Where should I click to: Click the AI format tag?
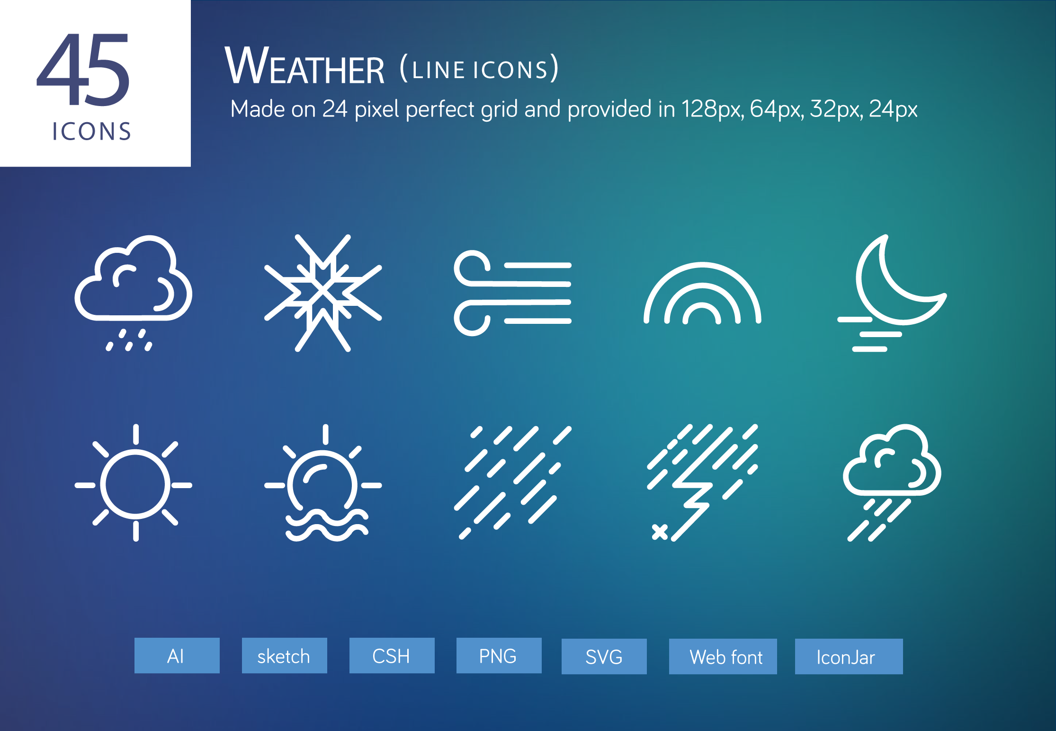coord(177,656)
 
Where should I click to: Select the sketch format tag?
coord(284,656)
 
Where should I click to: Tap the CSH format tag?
coord(392,656)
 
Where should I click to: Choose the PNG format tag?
coord(499,656)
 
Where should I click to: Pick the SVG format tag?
coord(604,657)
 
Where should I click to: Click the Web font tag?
coord(723,657)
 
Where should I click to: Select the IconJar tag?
coord(849,657)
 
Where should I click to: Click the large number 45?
coord(83,70)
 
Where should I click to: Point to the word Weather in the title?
coord(304,66)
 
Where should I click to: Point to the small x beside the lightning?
coord(660,532)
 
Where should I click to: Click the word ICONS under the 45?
coord(91,132)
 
